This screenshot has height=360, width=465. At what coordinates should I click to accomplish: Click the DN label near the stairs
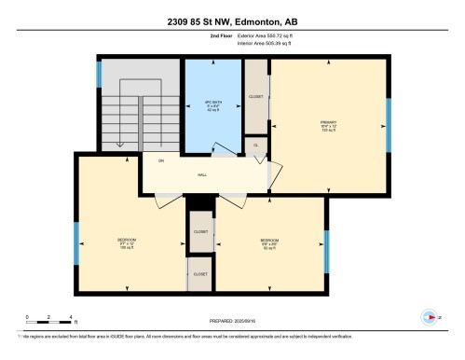click(161, 162)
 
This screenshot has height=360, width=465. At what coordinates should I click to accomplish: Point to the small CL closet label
click(255, 145)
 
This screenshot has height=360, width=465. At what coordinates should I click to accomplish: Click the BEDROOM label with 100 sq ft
click(126, 242)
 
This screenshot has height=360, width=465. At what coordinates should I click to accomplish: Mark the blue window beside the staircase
click(99, 75)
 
